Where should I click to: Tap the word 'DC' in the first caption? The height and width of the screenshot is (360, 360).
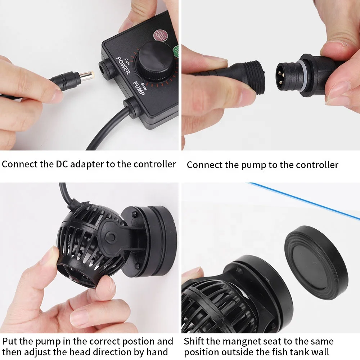(x=60, y=164)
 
